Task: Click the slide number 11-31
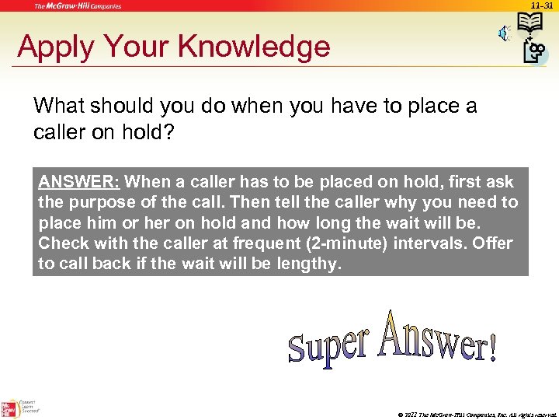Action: [541, 5]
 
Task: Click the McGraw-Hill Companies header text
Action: [78, 5]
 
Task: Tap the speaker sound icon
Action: [504, 32]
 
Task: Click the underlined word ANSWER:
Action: [78, 182]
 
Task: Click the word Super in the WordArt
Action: [327, 344]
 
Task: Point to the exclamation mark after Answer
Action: [490, 349]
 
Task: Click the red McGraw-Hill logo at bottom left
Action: [10, 408]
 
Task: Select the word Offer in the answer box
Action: [492, 243]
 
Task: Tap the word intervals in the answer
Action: [429, 243]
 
